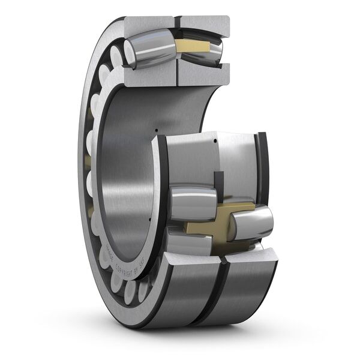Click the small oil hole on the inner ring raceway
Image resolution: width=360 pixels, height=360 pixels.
point(214,142)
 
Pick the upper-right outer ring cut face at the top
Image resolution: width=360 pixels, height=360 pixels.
point(204,22)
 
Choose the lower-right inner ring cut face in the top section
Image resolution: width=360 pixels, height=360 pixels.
point(203,73)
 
